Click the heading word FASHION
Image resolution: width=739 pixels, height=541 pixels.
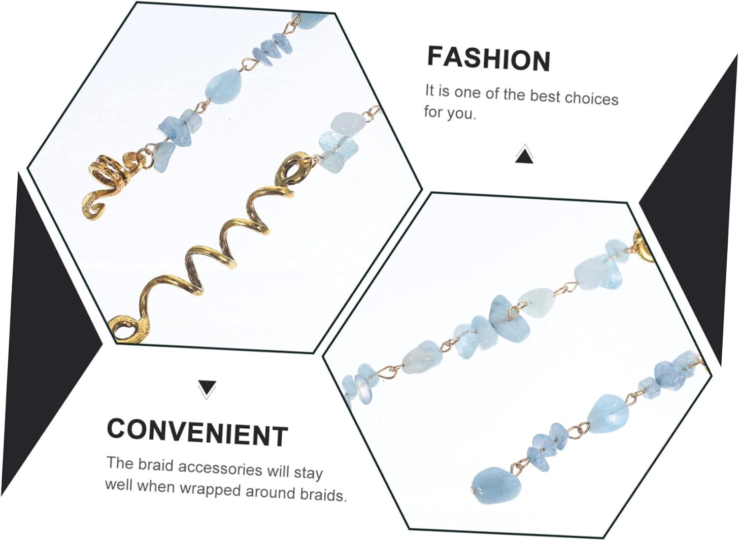pyautogui.click(x=488, y=59)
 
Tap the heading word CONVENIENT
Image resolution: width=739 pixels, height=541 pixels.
pyautogui.click(x=197, y=433)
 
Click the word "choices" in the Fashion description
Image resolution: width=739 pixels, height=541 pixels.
pyautogui.click(x=591, y=98)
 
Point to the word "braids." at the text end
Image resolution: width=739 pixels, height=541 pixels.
pyautogui.click(x=323, y=494)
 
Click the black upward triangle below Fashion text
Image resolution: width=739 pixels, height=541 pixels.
pyautogui.click(x=524, y=156)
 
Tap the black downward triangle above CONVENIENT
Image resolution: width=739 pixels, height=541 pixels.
pyautogui.click(x=207, y=388)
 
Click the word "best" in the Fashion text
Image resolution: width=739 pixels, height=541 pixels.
pyautogui.click(x=545, y=96)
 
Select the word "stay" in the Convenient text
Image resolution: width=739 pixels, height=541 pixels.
pyautogui.click(x=308, y=473)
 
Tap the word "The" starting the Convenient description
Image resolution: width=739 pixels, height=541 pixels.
pyautogui.click(x=120, y=463)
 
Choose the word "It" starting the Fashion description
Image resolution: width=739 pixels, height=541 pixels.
pyautogui.click(x=430, y=90)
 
